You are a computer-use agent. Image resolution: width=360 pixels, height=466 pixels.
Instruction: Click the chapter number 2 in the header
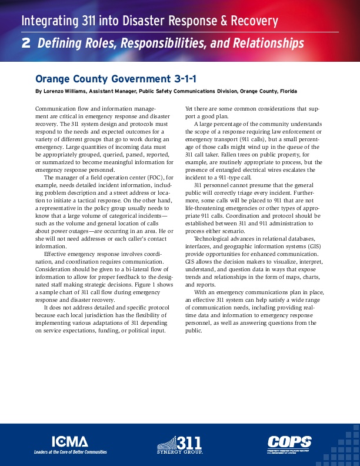click(26, 43)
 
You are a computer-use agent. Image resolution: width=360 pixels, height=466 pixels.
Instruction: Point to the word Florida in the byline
click(287, 91)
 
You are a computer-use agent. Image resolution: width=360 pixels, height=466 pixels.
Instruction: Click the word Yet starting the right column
click(189, 108)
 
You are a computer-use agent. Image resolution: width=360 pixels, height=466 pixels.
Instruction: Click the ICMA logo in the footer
click(70, 442)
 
